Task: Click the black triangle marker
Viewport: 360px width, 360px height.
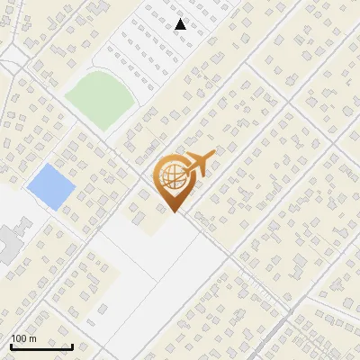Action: point(181,24)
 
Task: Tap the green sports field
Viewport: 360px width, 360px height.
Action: point(99,98)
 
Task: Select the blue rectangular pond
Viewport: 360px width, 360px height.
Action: point(50,186)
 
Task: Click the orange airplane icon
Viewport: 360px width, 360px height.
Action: point(197,166)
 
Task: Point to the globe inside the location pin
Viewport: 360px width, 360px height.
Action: point(170,177)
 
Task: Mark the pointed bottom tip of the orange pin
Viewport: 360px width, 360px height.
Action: point(175,212)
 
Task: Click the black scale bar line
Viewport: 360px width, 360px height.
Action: point(41,346)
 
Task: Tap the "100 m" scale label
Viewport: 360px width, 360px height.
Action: point(23,338)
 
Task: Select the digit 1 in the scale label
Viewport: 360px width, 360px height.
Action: point(13,338)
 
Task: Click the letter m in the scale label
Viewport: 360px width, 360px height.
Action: point(33,339)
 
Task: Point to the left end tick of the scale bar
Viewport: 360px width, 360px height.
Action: point(11,345)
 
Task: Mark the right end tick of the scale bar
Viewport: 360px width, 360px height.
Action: point(72,345)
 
